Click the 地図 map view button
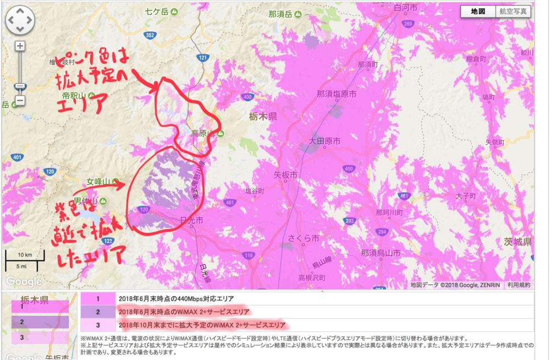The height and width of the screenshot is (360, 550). pos(477,11)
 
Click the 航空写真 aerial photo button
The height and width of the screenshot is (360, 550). pos(513,11)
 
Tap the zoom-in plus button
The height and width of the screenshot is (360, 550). pos(20,46)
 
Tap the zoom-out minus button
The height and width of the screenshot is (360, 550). pos(20,101)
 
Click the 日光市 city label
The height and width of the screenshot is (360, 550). pos(191,220)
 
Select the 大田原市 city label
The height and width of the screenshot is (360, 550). pos(321,141)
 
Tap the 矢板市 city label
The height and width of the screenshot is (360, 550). pos(285,175)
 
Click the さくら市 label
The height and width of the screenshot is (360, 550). pos(304,239)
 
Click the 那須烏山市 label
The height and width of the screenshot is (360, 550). pos(381,253)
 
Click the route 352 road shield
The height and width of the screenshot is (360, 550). pos(150,35)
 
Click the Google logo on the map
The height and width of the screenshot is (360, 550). pos(24,281)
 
